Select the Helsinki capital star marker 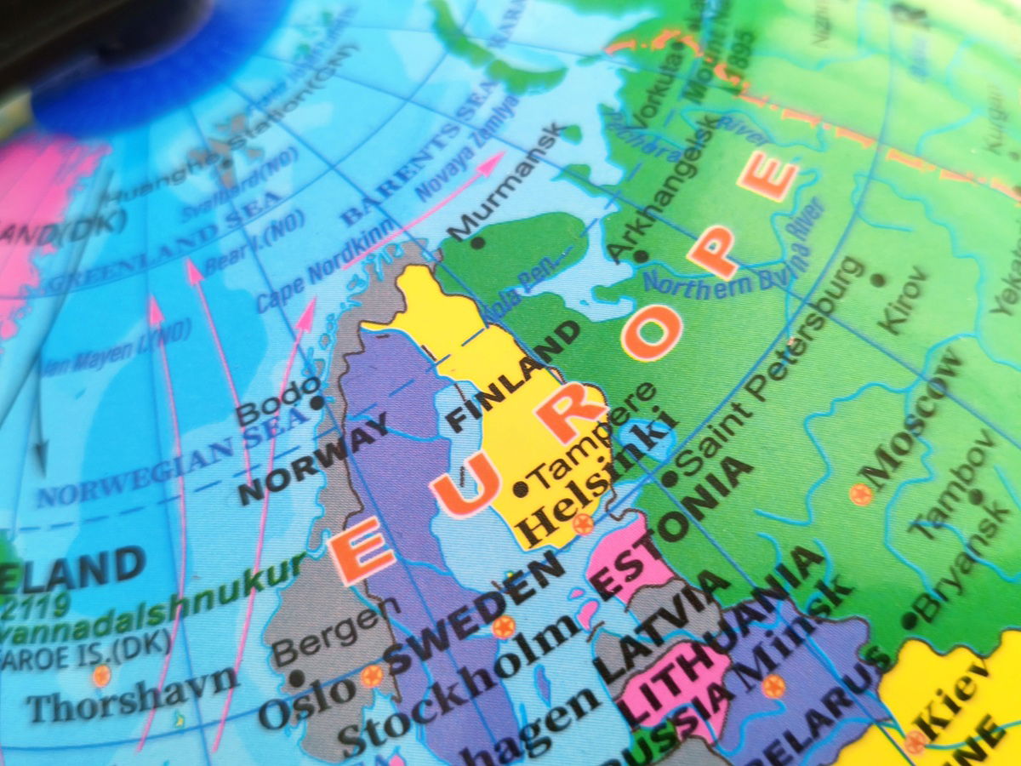click(583, 523)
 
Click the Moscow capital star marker click(861, 494)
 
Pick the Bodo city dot click(317, 401)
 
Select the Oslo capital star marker click(372, 676)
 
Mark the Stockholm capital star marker click(504, 627)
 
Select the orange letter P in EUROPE click(713, 250)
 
